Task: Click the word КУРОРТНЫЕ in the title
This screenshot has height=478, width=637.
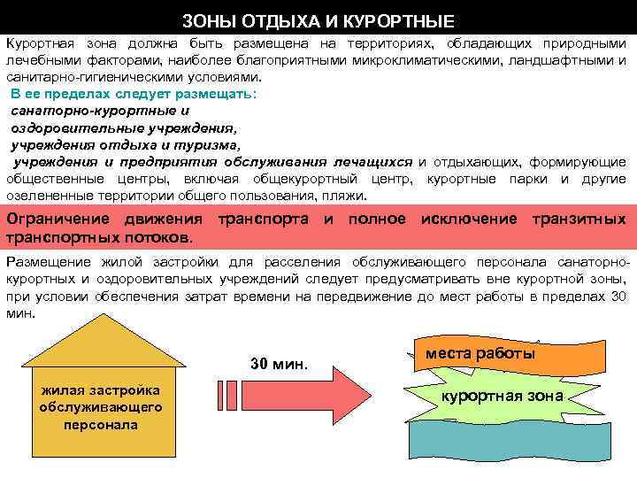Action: [410, 19]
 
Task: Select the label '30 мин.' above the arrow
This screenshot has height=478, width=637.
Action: [280, 365]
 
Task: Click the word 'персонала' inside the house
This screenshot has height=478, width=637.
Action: [100, 424]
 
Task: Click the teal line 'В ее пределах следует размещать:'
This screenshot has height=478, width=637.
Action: [133, 94]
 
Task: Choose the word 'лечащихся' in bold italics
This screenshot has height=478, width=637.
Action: [372, 162]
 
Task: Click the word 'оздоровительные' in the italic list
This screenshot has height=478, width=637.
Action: [72, 127]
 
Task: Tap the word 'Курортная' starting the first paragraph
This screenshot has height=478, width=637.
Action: [41, 43]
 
